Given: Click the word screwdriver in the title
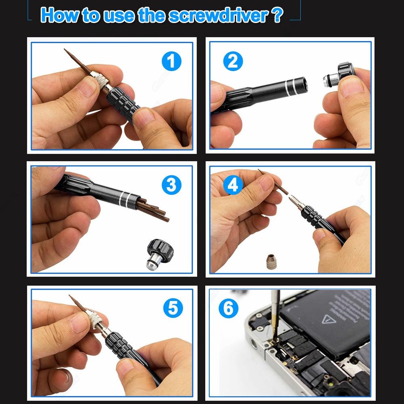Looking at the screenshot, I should [218, 15].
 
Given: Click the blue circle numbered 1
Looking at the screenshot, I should [171, 61].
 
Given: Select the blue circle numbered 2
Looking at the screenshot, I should [233, 61].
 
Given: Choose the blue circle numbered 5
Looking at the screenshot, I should [173, 308].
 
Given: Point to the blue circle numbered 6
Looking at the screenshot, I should [229, 309].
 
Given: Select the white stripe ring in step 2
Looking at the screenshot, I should [290, 86].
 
